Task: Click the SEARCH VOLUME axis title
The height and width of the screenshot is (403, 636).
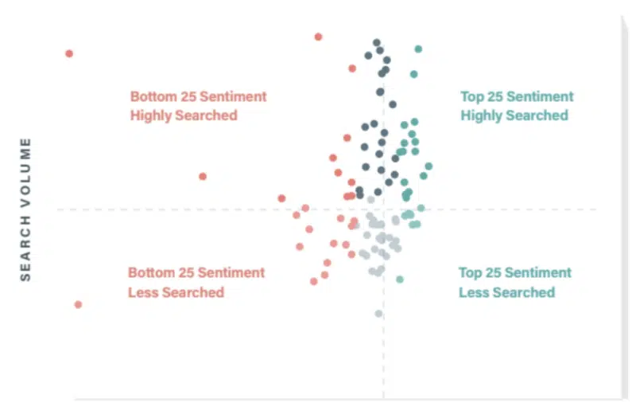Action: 25,209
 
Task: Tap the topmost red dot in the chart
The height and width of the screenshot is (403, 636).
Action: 319,37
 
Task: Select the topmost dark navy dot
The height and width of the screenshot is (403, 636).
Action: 377,43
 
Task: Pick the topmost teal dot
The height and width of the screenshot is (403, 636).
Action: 418,49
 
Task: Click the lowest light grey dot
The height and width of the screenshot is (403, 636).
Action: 378,313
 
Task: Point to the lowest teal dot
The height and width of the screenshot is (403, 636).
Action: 400,279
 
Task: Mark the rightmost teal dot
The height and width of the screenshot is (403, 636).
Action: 429,166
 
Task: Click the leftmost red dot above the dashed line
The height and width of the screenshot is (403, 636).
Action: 69,53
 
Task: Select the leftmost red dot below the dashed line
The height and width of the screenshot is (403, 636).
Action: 78,304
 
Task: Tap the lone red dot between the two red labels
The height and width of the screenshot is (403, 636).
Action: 203,176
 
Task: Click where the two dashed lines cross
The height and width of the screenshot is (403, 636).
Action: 383,209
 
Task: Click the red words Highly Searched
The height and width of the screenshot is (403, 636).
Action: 184,115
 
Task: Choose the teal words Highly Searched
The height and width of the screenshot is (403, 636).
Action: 514,115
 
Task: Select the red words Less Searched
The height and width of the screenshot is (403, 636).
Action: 176,292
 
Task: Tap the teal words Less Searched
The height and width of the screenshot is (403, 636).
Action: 506,292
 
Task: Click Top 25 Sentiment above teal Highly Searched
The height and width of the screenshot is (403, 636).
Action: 517,96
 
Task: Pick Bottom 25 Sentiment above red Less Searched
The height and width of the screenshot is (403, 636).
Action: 196,272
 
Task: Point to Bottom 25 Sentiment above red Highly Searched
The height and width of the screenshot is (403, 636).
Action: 199,96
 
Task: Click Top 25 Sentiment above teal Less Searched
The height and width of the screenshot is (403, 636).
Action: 515,272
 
